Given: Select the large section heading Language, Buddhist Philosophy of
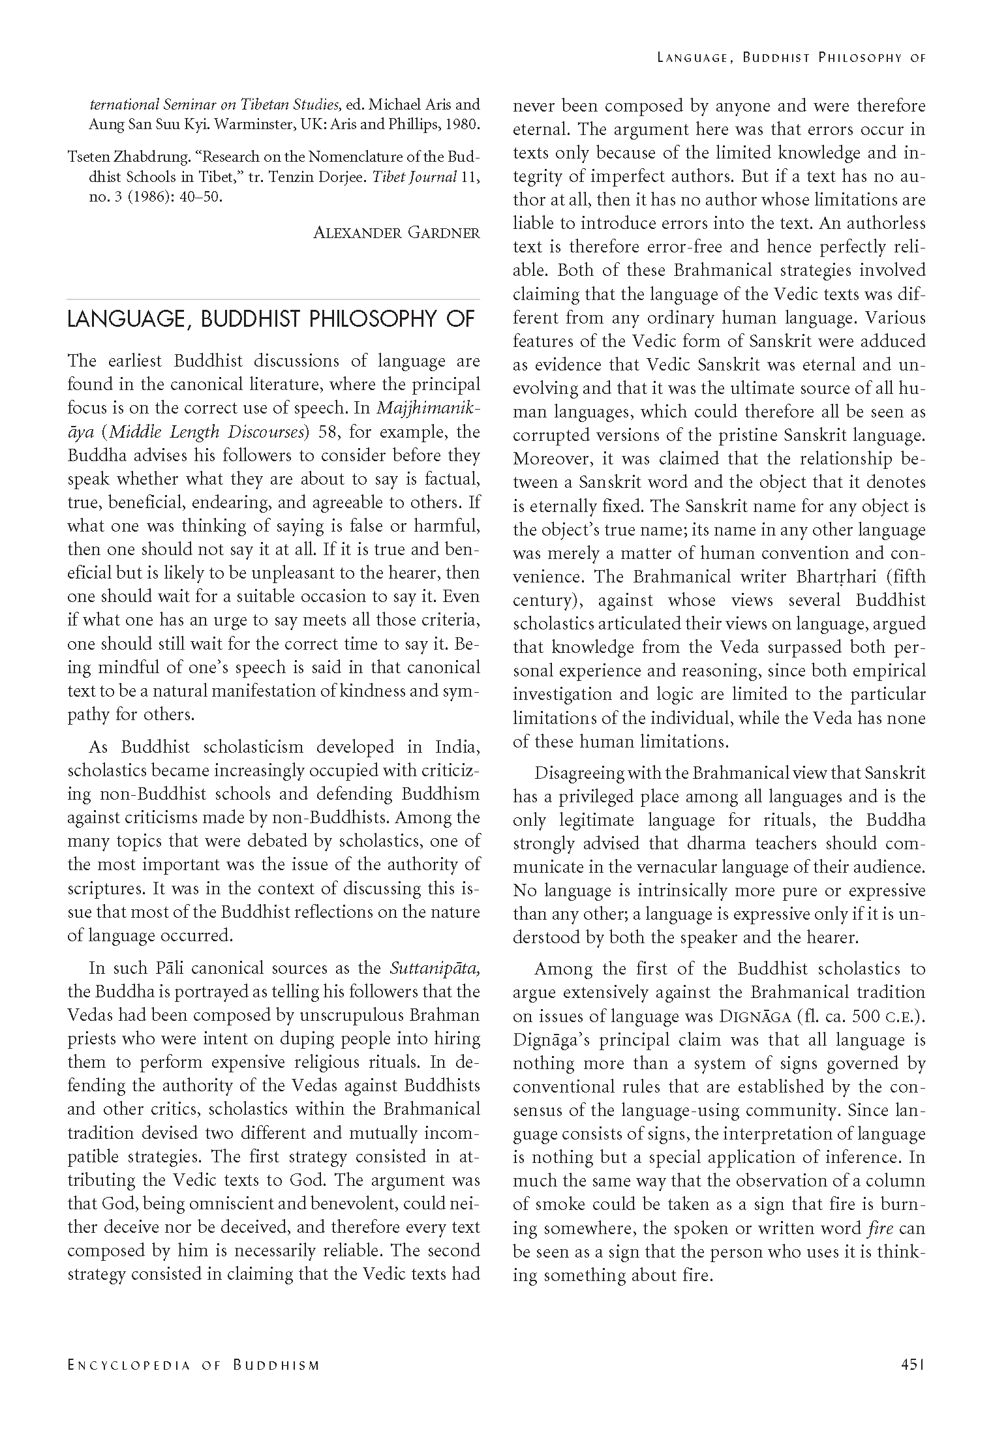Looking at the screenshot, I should [x=271, y=320].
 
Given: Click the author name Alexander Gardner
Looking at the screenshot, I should [x=396, y=233].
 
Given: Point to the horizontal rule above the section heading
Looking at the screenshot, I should [x=273, y=299].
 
